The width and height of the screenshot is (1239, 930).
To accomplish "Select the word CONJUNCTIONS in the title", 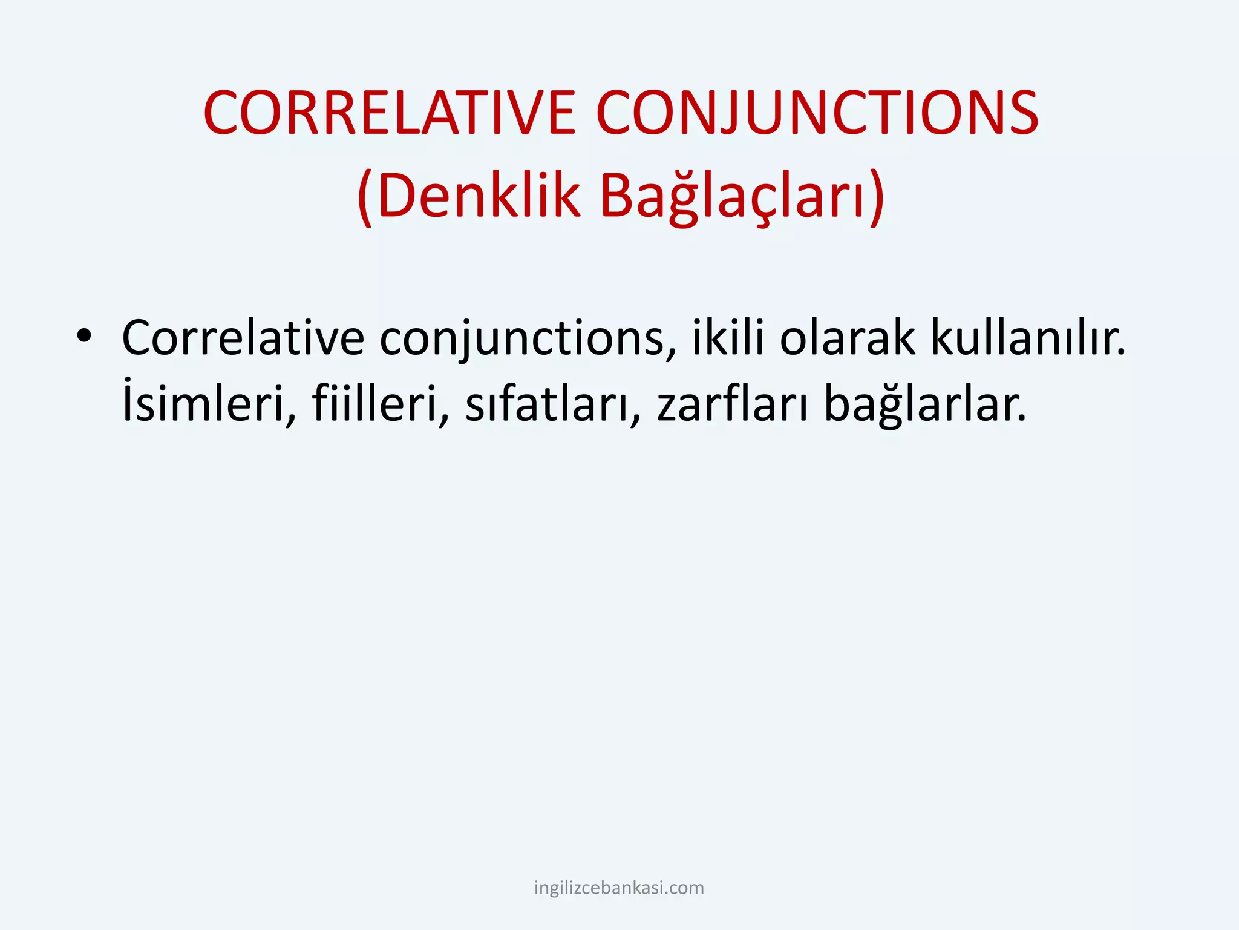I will (x=817, y=113).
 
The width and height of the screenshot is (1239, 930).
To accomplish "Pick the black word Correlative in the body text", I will (x=243, y=338).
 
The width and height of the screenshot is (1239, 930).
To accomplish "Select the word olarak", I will (x=847, y=338).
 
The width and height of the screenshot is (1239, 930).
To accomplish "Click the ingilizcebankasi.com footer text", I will (x=619, y=888).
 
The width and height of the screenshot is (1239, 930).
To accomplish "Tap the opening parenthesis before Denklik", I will (x=365, y=197).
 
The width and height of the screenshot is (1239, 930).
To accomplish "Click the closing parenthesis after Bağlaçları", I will (x=877, y=197).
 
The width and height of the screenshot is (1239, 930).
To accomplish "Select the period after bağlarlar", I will (x=1022, y=419).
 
